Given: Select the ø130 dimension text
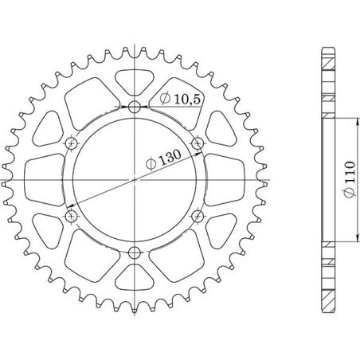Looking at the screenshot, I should [162, 162].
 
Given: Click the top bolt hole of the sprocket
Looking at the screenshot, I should [134, 107].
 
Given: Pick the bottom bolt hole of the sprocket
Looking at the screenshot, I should [134, 253].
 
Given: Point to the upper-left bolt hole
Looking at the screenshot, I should [71, 143].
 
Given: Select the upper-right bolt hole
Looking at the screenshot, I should [198, 143].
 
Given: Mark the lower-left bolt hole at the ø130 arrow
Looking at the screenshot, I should [71, 217].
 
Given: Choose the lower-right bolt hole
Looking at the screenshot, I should [198, 217].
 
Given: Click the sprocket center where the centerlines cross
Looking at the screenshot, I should [134, 180].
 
